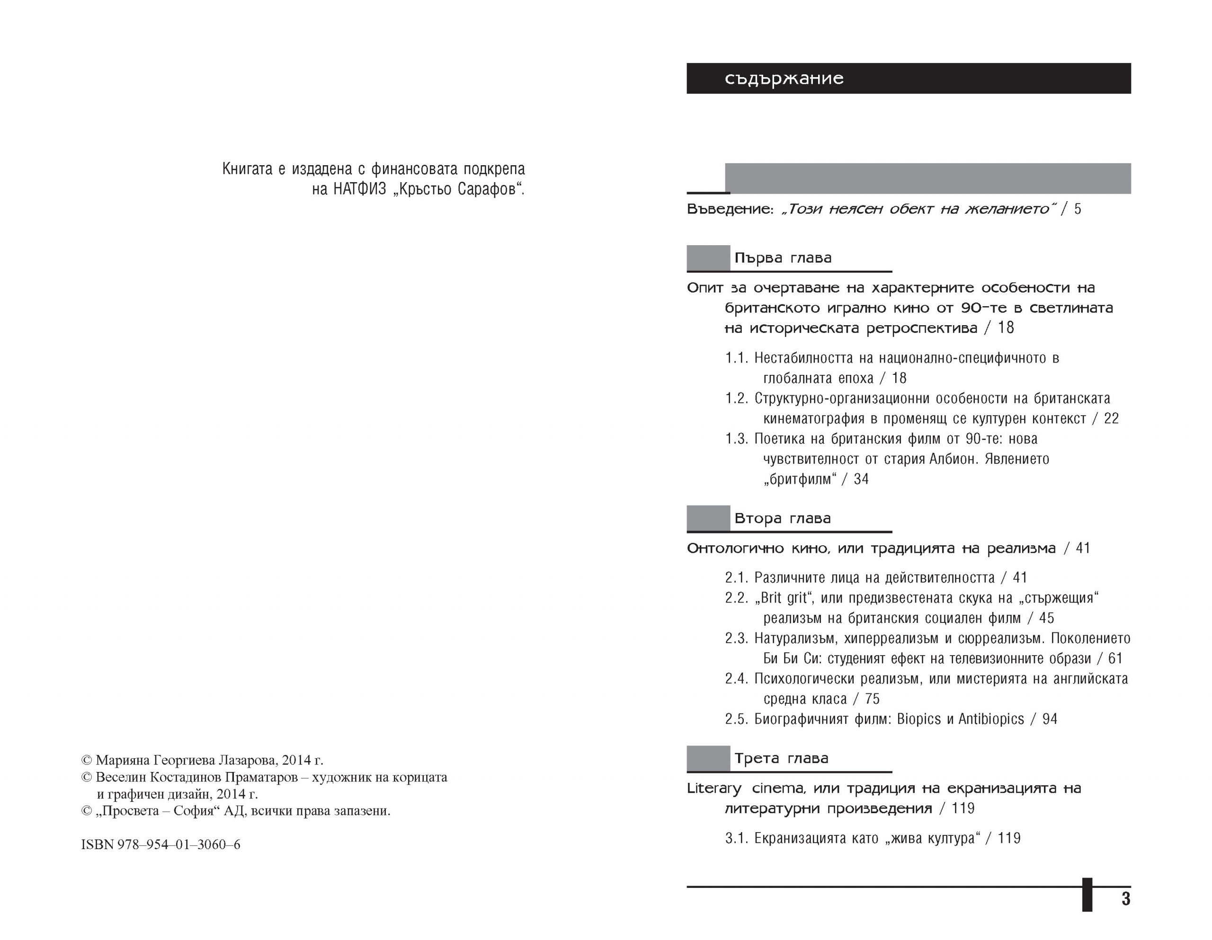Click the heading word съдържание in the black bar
pyautogui.click(x=784, y=79)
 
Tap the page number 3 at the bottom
pyautogui.click(x=1125, y=898)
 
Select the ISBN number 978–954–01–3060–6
pyautogui.click(x=178, y=844)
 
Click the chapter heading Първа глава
pyautogui.click(x=783, y=258)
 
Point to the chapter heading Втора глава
pyautogui.click(x=782, y=519)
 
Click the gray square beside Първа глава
pyautogui.click(x=708, y=258)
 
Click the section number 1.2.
pyautogui.click(x=736, y=399)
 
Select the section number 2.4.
pyautogui.click(x=736, y=679)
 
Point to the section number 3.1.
pyautogui.click(x=736, y=838)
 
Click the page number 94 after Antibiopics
pyautogui.click(x=1050, y=719)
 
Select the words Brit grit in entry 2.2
pyautogui.click(x=783, y=598)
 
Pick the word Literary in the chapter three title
pyautogui.click(x=713, y=789)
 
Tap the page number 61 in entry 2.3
pyautogui.click(x=1115, y=659)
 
